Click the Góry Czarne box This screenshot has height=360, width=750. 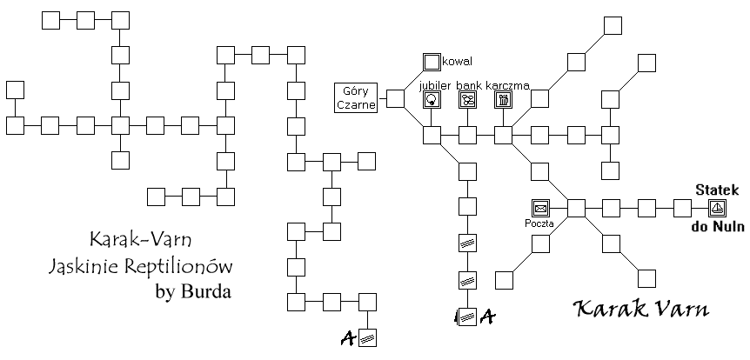coord(356,98)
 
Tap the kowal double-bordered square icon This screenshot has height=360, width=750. coord(432,62)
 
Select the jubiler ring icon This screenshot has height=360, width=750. coord(432,100)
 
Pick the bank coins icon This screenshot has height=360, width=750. coord(468,100)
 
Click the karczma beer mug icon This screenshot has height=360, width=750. coord(503,100)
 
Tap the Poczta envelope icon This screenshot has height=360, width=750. coord(540,209)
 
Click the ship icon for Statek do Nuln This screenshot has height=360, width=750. coord(717,209)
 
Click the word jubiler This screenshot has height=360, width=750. coord(435,85)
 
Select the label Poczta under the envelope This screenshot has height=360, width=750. coord(539,223)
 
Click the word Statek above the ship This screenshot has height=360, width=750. coord(717,190)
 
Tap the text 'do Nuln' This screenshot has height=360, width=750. coord(718,226)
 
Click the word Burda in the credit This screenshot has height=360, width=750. coord(205,291)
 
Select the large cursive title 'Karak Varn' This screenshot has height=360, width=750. coord(641,310)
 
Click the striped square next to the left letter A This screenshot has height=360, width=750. coord(367,338)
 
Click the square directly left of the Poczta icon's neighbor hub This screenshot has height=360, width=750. coord(540,209)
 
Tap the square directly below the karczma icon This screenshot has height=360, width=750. coord(503,136)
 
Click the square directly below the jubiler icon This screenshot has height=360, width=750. coord(432,136)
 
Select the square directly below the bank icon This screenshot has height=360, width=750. coord(468,136)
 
